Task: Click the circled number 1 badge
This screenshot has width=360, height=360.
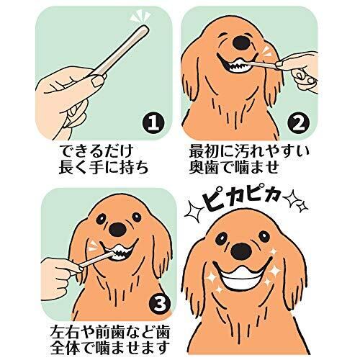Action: point(153,124)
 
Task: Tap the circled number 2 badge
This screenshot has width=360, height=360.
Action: point(298,124)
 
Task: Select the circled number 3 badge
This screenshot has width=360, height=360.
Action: point(160,304)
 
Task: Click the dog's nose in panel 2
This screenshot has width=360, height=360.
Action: point(242,43)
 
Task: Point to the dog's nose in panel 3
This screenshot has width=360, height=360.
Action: point(117,230)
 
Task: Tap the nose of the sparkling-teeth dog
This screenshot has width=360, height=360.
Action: point(241,252)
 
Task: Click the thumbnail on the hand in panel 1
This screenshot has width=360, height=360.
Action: point(98,81)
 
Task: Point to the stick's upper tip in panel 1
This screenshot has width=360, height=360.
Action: point(145,27)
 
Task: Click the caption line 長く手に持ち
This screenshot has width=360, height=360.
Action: point(104,167)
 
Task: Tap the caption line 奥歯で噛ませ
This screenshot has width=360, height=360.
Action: point(234,167)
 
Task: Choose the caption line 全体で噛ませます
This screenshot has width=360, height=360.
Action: point(110,348)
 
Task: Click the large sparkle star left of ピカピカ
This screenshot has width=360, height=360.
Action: point(194,212)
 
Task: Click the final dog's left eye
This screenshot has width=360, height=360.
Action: point(221,238)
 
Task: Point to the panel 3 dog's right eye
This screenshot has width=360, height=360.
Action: point(136,217)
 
